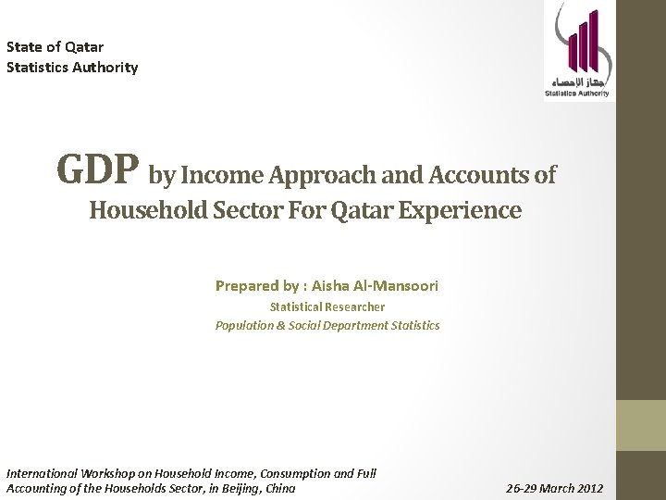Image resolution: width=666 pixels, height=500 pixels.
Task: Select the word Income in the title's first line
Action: [217, 175]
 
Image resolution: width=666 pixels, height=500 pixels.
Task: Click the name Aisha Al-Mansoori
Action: [375, 286]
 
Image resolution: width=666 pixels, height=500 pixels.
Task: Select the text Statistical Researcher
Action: [327, 306]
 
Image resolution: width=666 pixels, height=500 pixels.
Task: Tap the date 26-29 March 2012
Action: [554, 488]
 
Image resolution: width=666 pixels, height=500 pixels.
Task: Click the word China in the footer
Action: [279, 488]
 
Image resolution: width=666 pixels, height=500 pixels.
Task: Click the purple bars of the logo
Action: [580, 42]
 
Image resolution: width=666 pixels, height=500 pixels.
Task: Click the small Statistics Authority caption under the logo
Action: [577, 94]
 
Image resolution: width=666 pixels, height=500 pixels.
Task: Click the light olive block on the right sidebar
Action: [641, 425]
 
